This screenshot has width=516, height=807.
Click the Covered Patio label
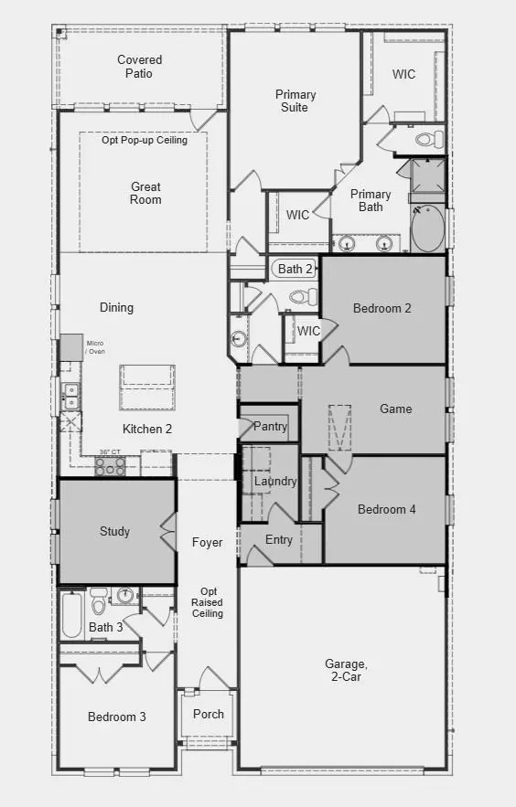click(x=140, y=67)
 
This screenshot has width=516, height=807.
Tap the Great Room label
click(x=145, y=193)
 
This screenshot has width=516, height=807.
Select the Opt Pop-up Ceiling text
click(x=145, y=140)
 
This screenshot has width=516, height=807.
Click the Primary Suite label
click(x=296, y=101)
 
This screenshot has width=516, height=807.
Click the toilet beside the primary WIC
click(x=428, y=140)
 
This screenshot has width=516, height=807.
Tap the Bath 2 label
click(x=296, y=269)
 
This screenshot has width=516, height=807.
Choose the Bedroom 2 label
click(x=382, y=308)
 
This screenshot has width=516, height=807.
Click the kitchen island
click(x=146, y=386)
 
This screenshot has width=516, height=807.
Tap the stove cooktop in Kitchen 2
click(x=111, y=465)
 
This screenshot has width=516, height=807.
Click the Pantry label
click(x=270, y=427)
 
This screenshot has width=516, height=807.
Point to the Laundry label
click(x=275, y=482)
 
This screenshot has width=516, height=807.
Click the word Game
click(x=396, y=409)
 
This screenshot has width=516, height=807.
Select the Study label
click(x=114, y=531)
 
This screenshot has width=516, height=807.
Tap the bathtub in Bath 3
click(x=71, y=616)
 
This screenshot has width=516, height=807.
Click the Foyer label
click(x=208, y=543)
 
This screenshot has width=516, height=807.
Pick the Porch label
click(x=209, y=714)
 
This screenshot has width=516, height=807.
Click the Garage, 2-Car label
click(x=346, y=670)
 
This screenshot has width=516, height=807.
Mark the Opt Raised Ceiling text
click(x=207, y=602)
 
